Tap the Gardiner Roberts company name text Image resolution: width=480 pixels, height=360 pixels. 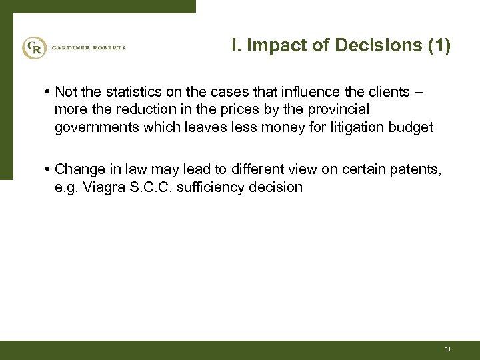(x=87, y=48)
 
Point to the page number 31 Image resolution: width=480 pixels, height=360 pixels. (x=447, y=349)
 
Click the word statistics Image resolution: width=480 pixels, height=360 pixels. (x=129, y=91)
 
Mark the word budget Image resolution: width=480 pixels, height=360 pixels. (x=409, y=126)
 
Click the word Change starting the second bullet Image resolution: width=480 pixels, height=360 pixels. (x=79, y=170)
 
